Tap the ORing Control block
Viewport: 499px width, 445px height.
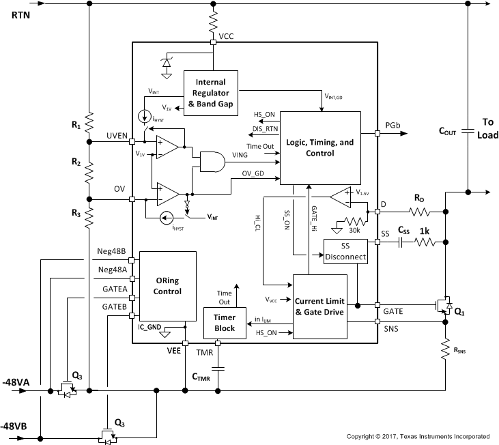(169, 286)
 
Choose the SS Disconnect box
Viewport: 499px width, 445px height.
(345, 252)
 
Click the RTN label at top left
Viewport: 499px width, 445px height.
(20, 14)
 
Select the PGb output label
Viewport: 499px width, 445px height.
(393, 126)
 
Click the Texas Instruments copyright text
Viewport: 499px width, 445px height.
(418, 436)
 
